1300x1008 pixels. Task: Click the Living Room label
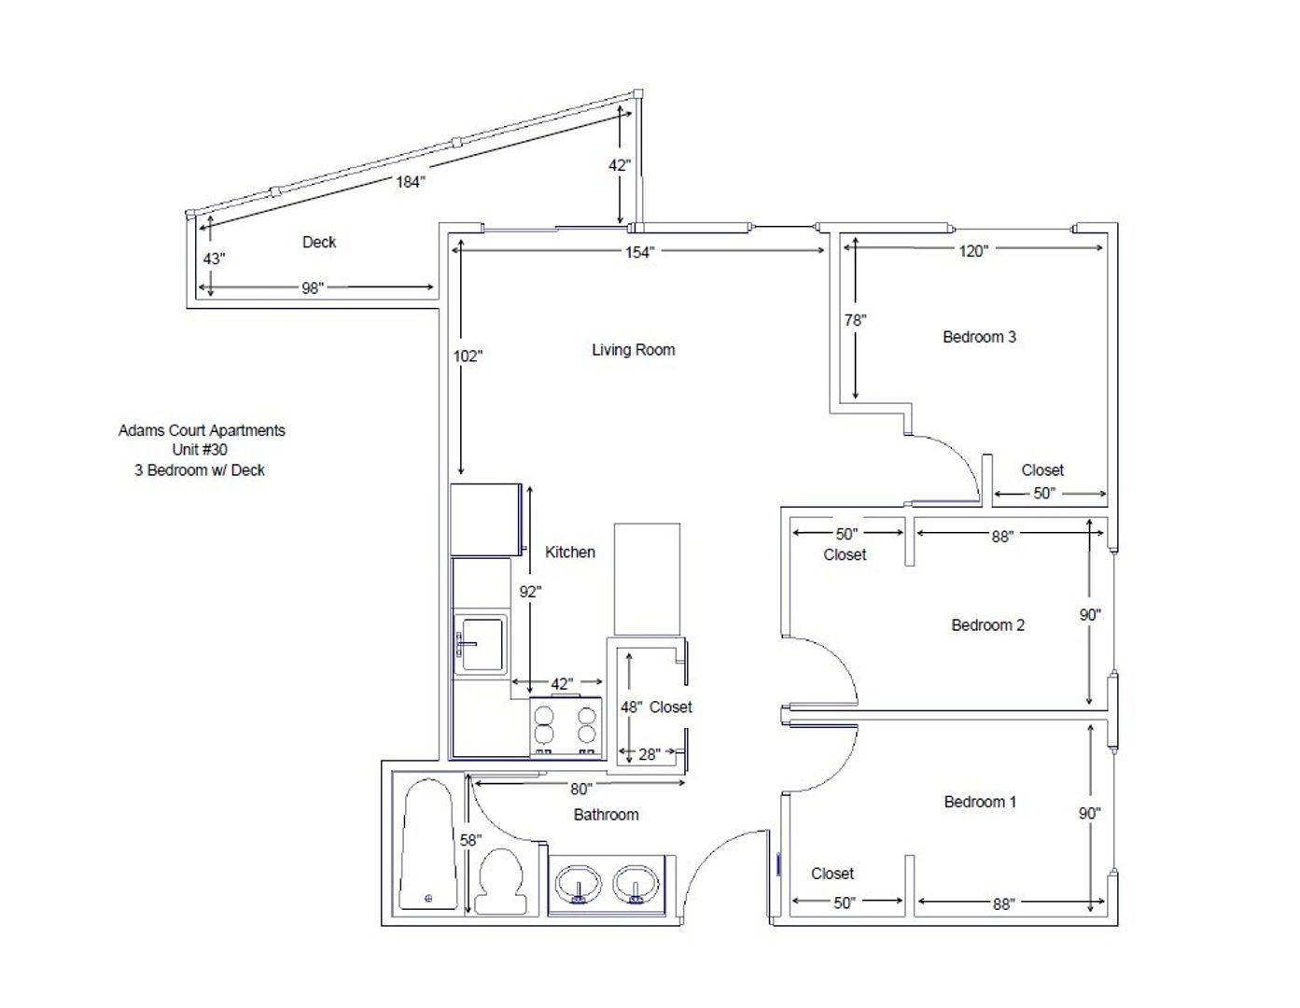click(x=633, y=350)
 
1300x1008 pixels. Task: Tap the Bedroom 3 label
click(x=979, y=337)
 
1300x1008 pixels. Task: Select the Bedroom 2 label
click(x=987, y=625)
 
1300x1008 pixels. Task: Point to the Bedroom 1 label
click(x=980, y=802)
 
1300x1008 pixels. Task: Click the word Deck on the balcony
click(x=319, y=243)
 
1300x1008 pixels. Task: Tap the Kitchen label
click(x=569, y=553)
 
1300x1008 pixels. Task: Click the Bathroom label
click(x=606, y=815)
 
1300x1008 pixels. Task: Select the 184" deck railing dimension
click(x=411, y=181)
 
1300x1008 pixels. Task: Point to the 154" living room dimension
click(x=639, y=252)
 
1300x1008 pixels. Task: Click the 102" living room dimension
click(x=468, y=357)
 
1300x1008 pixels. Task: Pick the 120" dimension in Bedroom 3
click(x=973, y=251)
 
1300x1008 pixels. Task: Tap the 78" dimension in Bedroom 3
click(x=856, y=321)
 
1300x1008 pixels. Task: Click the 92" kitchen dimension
click(x=530, y=592)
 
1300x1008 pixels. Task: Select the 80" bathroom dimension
click(x=580, y=790)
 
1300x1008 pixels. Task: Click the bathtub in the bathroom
click(x=427, y=844)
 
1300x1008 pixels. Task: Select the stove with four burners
click(x=566, y=727)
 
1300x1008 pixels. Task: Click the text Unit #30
click(x=200, y=450)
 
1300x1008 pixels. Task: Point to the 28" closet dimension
click(x=650, y=754)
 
